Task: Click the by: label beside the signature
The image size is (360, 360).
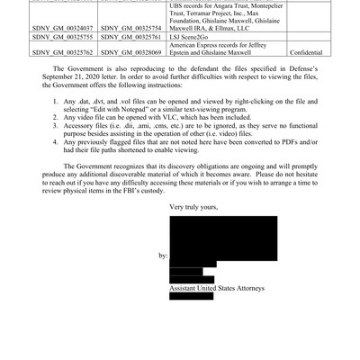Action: pyautogui.click(x=162, y=256)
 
